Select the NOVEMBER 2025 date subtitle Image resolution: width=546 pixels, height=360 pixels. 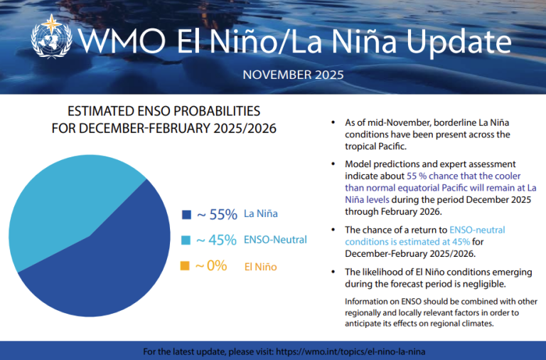(293, 74)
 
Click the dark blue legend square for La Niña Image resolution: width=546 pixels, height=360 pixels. (186, 214)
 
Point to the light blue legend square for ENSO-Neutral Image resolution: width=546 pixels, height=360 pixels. (186, 240)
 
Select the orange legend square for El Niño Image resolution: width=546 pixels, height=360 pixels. (186, 267)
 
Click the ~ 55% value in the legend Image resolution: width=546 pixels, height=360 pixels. (216, 213)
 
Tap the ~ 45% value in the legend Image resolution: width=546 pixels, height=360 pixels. (216, 240)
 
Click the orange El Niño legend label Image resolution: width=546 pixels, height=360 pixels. (260, 267)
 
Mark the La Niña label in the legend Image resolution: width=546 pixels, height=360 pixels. (260, 213)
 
